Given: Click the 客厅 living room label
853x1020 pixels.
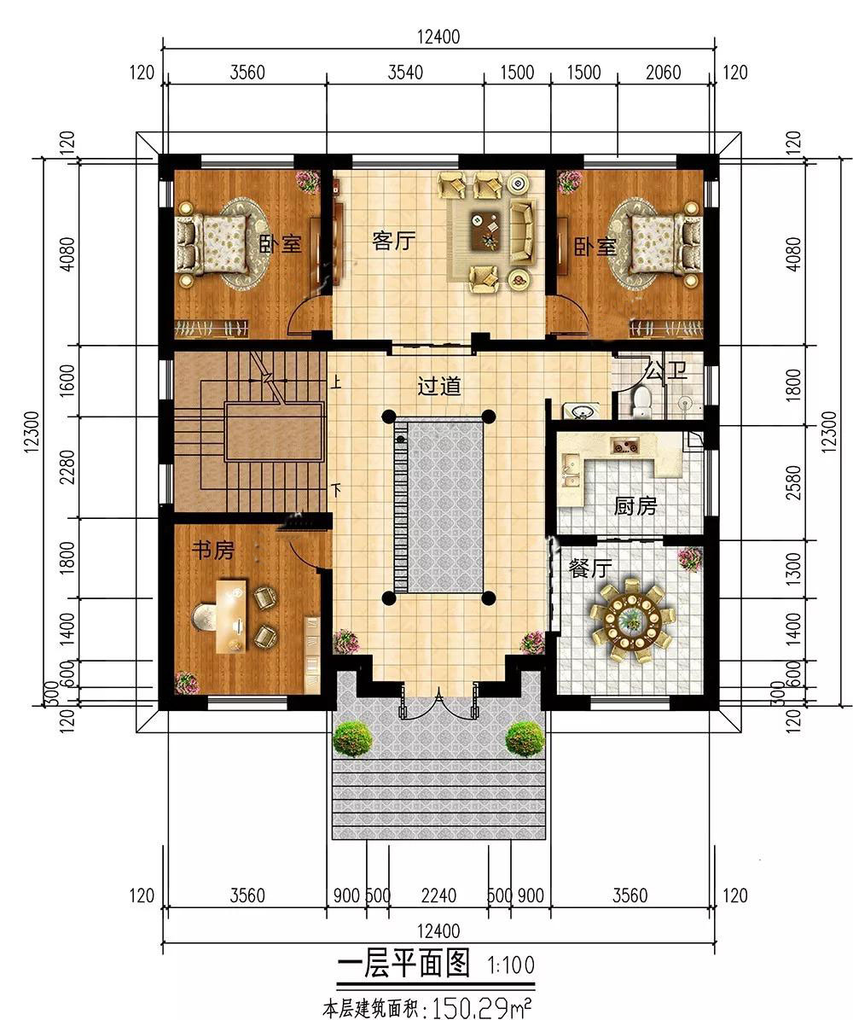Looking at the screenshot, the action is (395, 242).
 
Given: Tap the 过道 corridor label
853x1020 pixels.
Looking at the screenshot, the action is (438, 387).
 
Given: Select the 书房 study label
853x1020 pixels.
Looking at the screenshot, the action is (212, 551).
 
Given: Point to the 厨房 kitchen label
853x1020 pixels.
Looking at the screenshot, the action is (635, 505).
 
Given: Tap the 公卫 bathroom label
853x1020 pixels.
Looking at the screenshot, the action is (666, 373).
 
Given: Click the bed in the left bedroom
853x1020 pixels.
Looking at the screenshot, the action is (212, 243).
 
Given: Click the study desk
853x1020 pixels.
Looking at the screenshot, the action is (231, 614).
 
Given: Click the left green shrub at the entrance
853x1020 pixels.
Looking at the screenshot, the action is (351, 739).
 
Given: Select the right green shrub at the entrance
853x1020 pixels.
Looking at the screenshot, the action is (524, 739).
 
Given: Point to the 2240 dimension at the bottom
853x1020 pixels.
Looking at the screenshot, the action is (438, 896).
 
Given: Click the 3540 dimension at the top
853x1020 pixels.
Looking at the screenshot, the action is (405, 72).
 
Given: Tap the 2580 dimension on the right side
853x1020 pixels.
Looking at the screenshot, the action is (794, 482).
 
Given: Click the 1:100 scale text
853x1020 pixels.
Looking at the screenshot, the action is (511, 965).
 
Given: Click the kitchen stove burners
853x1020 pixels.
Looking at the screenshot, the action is (624, 446).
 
